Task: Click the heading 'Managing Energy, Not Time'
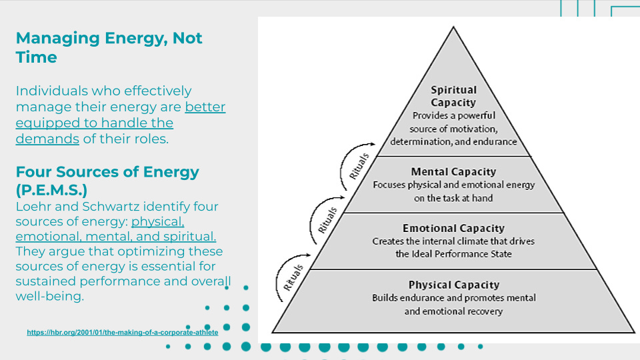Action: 109,47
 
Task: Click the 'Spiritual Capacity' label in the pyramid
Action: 453,96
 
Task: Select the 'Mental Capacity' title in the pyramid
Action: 453,172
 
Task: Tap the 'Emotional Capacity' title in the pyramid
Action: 453,228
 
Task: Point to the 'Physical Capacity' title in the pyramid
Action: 453,285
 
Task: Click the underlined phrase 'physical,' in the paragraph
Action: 158,222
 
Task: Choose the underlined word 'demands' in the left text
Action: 47,139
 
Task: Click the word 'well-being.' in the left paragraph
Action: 51,295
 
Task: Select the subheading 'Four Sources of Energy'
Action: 107,172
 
